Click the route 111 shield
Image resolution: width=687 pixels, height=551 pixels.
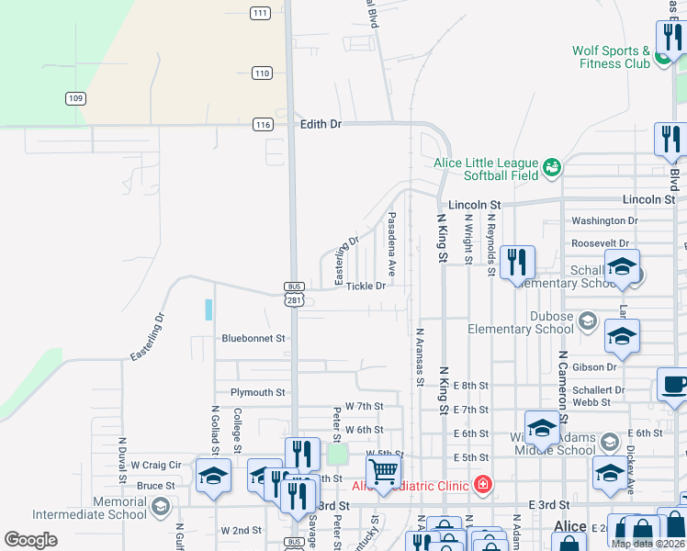tap(261, 13)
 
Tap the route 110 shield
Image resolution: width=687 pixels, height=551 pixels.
tap(263, 73)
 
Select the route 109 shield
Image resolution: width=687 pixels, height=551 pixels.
tap(75, 98)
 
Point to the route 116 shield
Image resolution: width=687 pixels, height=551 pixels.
tap(263, 124)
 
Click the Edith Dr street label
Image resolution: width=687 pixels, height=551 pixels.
tap(321, 124)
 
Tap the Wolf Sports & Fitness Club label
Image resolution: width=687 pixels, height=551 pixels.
tap(611, 57)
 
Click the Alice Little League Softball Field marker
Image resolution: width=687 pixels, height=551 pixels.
tap(552, 167)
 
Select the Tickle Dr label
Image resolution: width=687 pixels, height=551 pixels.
tap(366, 287)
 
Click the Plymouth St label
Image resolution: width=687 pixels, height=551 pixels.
tap(257, 392)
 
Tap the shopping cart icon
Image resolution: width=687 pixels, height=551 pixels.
tap(383, 472)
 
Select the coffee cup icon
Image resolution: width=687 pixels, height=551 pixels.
tap(673, 383)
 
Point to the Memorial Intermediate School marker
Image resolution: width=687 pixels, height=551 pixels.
tap(161, 507)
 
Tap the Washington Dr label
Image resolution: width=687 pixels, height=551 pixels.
tap(604, 221)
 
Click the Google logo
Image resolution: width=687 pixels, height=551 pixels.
tap(30, 540)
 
